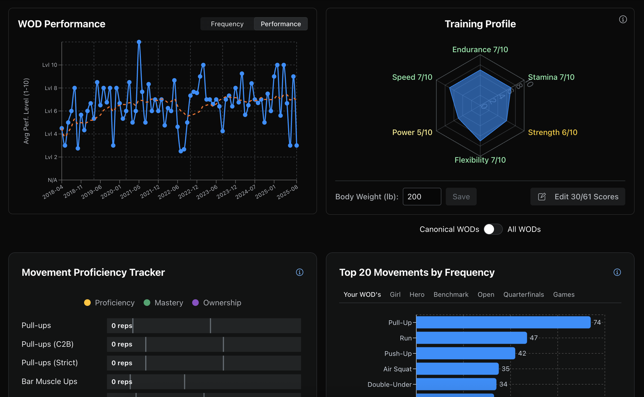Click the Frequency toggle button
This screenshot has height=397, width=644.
pos(227,24)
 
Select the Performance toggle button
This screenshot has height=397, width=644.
pos(281,24)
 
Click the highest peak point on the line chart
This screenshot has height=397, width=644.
pos(139,42)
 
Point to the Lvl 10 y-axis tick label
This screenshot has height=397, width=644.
pos(50,65)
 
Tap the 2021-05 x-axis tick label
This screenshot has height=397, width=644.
pos(130,192)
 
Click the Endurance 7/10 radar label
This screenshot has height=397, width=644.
pos(480,49)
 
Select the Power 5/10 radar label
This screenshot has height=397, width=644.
pos(412,132)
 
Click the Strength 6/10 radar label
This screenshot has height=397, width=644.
pos(552,132)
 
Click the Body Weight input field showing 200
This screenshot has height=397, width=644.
pos(422,197)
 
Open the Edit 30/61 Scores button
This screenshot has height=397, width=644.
pos(578,197)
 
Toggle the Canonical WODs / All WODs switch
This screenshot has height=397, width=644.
pos(493,229)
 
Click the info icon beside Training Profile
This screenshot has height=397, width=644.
pos(623,19)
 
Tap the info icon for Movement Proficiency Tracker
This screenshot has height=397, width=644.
pos(299,272)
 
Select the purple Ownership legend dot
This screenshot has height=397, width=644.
pos(195,303)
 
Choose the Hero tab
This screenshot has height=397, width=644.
pos(417,295)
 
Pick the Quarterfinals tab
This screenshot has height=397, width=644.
pos(524,295)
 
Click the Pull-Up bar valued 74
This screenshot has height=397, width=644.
pos(503,322)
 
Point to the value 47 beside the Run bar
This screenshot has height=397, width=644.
pos(534,338)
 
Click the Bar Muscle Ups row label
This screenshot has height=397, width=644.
pos(49,381)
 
